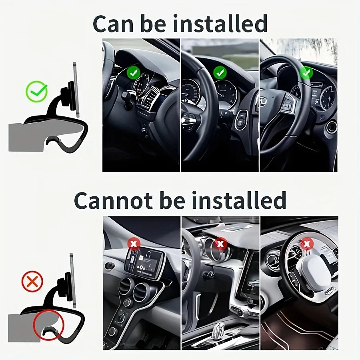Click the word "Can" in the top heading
point(114,24)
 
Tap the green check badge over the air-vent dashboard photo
point(133,73)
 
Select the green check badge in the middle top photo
point(220,72)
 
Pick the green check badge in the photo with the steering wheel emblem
point(306,73)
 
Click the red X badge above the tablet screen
point(133,243)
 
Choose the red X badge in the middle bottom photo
point(220,243)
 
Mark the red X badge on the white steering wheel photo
point(307,243)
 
